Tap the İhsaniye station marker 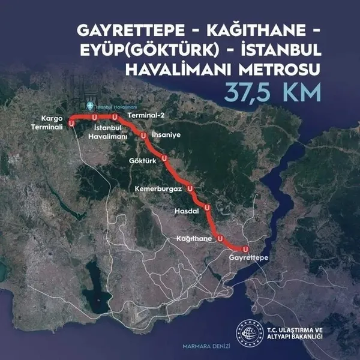click(x=144, y=136)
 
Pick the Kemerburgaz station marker click(x=191, y=188)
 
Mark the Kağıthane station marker click(x=221, y=238)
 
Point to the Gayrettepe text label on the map click(x=248, y=257)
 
